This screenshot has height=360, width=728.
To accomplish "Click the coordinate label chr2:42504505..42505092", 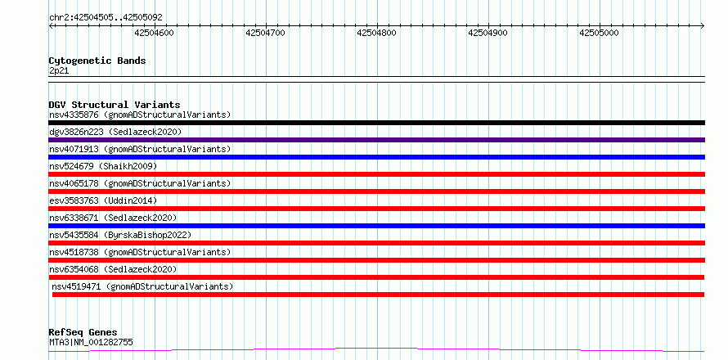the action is (106, 18).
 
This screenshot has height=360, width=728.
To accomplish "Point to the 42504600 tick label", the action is (154, 33).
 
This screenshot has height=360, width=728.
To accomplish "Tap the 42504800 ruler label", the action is (376, 33).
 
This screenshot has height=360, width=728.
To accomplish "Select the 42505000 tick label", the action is (599, 33).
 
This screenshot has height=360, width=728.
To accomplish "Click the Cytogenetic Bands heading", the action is (97, 61).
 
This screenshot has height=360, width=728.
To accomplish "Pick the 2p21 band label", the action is (59, 71).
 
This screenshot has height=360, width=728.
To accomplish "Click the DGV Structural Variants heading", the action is (115, 105).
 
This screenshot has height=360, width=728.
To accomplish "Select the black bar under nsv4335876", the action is (376, 123).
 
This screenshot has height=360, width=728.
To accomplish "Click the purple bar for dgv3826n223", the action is (376, 140).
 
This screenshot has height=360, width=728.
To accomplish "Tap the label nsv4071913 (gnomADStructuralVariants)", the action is (140, 149).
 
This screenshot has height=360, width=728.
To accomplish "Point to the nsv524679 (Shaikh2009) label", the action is (103, 166).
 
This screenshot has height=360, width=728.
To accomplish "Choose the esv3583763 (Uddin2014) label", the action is (103, 200).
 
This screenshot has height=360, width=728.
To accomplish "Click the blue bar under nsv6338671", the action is (376, 226).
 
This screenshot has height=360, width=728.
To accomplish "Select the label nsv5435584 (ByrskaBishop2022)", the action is (120, 235).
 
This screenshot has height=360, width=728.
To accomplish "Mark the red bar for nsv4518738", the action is (376, 260).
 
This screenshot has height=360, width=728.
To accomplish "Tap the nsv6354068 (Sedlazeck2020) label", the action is (113, 269).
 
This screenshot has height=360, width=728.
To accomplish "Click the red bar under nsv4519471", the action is (378, 295).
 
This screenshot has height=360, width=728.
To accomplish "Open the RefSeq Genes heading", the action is (83, 332).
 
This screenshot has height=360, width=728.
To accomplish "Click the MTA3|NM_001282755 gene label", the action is (91, 343).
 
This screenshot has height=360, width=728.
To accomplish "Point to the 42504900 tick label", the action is (488, 33).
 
